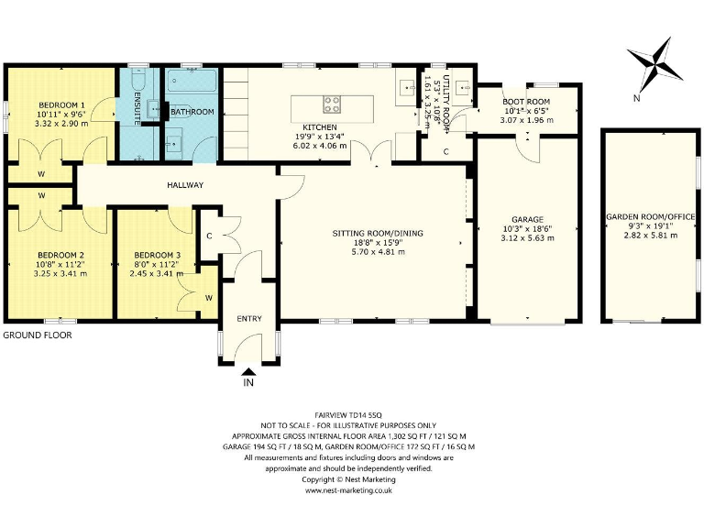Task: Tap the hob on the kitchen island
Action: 332,104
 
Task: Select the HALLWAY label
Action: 185,185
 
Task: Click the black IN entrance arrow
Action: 248,371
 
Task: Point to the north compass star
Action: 655,66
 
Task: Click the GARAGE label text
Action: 528,220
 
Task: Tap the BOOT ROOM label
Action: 526,102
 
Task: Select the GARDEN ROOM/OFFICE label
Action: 651,217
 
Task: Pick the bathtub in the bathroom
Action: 192,81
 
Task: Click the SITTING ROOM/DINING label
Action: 378,234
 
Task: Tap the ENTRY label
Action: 249,319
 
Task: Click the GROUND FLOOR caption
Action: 38,335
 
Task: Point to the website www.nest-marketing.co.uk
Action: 348,490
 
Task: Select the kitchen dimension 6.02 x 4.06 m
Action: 320,146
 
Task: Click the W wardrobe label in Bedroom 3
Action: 209,298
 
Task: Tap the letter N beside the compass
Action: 636,98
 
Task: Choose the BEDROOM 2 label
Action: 60,255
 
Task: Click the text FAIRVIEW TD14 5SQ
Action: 348,415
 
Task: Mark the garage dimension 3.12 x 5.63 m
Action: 528,238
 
